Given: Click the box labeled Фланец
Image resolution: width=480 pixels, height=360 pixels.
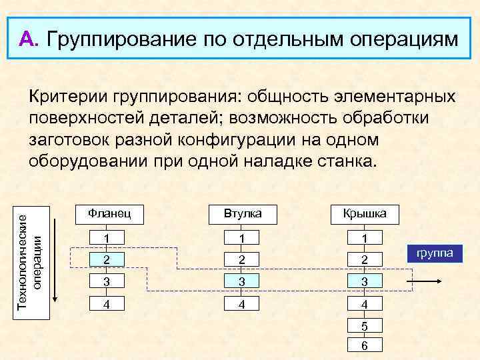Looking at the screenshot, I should point(109,214).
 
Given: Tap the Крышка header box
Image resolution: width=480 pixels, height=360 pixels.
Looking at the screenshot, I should point(364,214).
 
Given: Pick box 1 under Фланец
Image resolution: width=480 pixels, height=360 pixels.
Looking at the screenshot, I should point(109,238).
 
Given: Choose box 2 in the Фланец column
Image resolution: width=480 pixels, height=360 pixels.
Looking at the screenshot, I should point(109,259).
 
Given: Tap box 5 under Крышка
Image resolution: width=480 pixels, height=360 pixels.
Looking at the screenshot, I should point(364,327).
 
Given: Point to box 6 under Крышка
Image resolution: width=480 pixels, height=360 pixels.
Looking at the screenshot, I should point(364,345).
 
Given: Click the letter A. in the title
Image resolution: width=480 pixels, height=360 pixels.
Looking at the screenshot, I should point(31,39).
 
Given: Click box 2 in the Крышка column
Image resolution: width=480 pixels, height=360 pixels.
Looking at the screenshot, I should point(364,259).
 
